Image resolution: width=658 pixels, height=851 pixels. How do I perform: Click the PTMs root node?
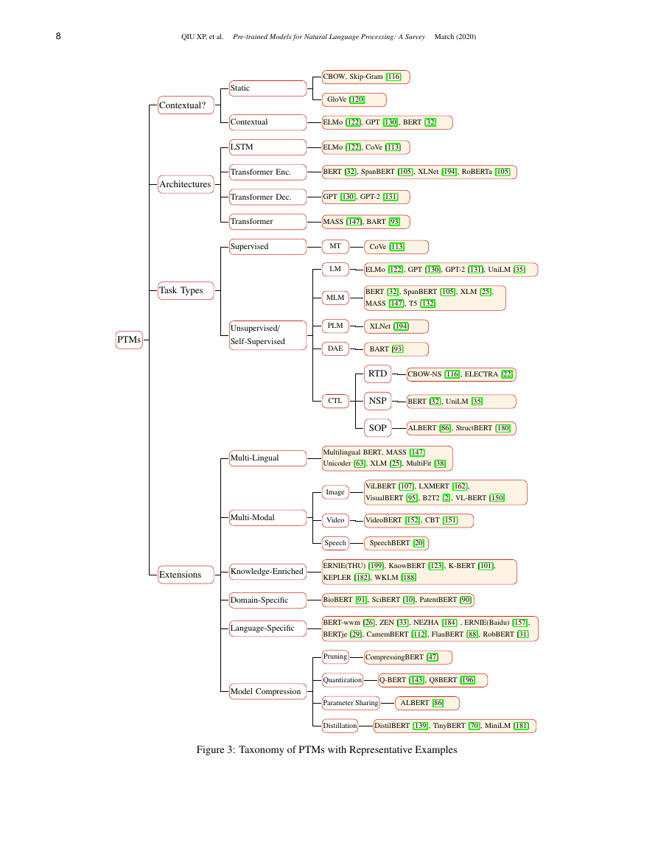point(129,340)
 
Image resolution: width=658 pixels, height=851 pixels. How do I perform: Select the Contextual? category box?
point(186,105)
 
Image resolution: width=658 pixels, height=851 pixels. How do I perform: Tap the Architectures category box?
point(186,184)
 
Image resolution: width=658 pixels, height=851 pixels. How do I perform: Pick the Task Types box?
point(186,290)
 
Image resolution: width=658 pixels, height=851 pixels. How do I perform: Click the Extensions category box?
point(186,575)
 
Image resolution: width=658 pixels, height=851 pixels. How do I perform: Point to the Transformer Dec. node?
point(267,197)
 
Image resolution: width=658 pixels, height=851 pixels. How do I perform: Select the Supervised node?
point(267,246)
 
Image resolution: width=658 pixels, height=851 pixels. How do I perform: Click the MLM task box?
point(335,298)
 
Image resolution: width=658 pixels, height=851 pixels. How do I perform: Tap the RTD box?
point(377,374)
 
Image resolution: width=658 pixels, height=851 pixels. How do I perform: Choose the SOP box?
point(377,428)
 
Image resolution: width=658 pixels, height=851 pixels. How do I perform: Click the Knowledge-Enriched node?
point(267,572)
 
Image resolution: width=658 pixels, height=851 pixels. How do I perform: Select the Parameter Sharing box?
point(351,703)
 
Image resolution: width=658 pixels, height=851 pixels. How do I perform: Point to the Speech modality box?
point(335,543)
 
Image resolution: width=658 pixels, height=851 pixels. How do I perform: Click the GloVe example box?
point(354,99)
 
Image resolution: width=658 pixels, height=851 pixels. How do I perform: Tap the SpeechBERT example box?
point(396,543)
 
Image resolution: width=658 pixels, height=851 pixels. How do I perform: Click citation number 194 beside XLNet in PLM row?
point(401,326)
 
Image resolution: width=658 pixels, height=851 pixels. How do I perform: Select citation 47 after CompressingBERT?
point(432,657)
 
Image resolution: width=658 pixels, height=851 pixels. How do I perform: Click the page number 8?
point(58,36)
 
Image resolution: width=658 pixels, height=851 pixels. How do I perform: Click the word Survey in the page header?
point(415,37)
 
